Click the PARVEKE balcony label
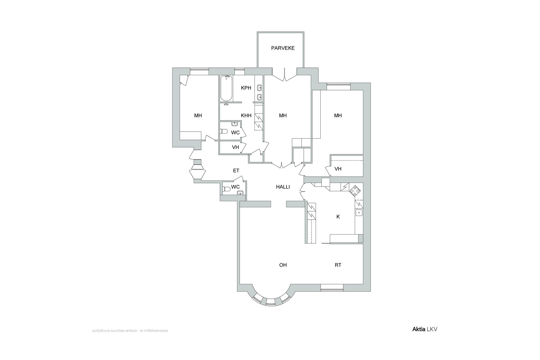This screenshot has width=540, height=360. point(283,48)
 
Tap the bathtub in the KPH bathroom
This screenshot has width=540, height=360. point(226,88)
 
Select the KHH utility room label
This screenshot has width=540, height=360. point(246,116)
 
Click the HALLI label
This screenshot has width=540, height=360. point(283,187)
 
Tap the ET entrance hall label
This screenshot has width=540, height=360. point(236,171)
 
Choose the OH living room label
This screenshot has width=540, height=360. point(283,265)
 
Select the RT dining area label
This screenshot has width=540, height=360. point(338,265)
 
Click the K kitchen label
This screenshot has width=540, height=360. point(338,217)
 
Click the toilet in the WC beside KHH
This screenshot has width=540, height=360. point(224,131)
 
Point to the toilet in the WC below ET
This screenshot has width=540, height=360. point(226,189)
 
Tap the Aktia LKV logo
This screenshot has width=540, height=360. point(425,329)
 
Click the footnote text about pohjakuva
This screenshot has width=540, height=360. point(130,331)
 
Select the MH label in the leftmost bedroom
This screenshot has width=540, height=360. point(198,116)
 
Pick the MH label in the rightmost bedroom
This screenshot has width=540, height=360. point(338,116)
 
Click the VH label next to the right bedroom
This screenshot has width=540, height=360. point(338,169)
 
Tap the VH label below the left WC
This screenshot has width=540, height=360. point(235,147)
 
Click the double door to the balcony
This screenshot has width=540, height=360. point(285,75)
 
